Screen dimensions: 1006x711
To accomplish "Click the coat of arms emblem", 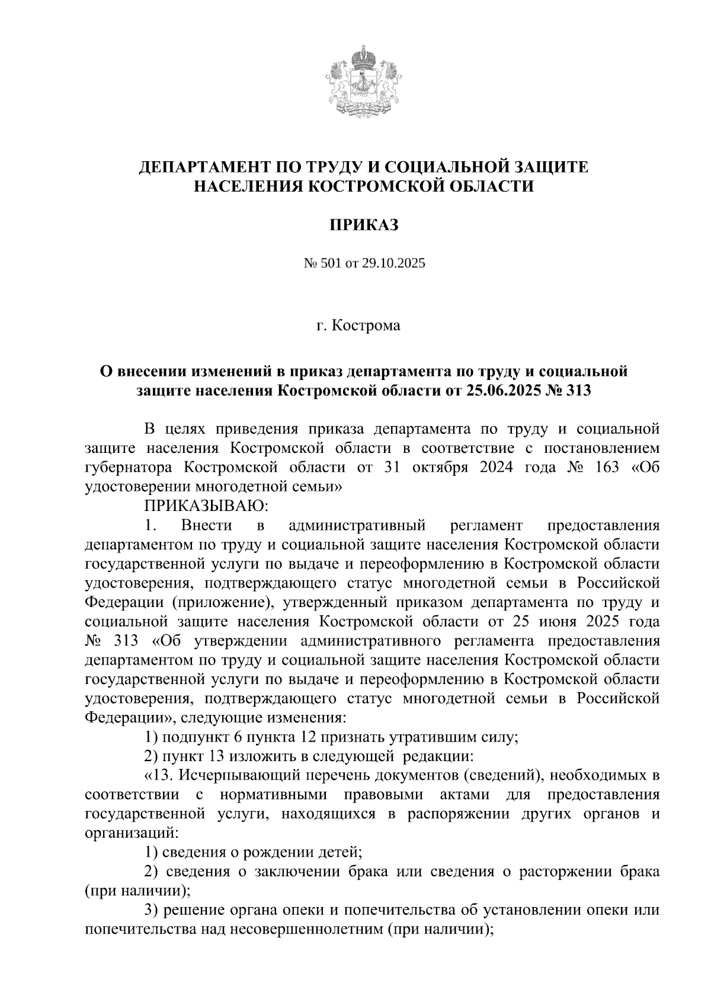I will tap(364, 81).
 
